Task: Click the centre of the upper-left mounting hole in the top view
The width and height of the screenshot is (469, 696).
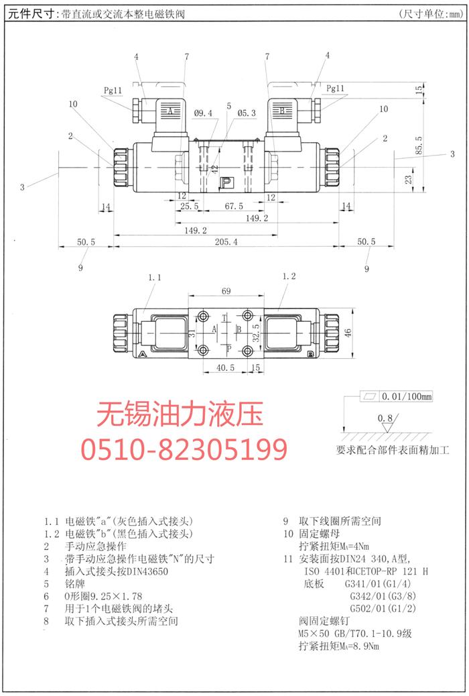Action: pos(204,316)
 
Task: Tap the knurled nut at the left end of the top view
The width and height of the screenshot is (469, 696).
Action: pos(121,333)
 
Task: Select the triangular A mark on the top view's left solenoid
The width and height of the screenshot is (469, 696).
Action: pos(143,354)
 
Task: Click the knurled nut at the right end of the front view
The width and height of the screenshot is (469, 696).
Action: pos(332,167)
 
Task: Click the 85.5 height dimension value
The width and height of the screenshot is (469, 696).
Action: pos(419,145)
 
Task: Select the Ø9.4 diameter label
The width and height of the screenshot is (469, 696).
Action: pos(203,113)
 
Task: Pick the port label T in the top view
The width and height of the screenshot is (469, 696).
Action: pos(224,318)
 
